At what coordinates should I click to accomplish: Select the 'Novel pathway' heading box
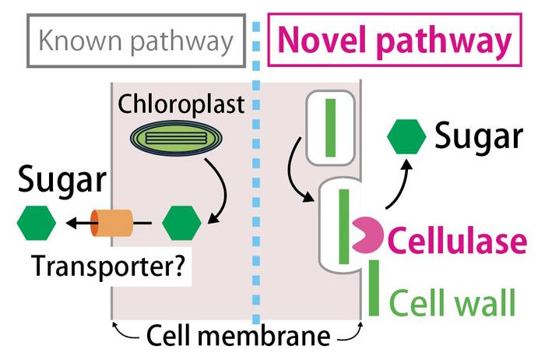(x=394, y=41)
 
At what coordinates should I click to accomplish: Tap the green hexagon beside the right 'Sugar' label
(x=406, y=137)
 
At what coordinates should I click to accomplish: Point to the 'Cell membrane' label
(x=237, y=337)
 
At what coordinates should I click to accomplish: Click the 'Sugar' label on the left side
(x=62, y=182)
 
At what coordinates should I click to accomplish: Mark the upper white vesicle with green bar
(x=331, y=127)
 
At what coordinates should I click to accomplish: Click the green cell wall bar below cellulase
(x=374, y=288)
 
